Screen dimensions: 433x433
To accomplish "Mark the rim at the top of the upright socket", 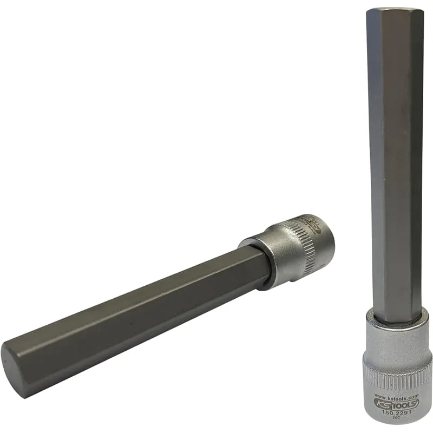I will [x=397, y=319].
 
